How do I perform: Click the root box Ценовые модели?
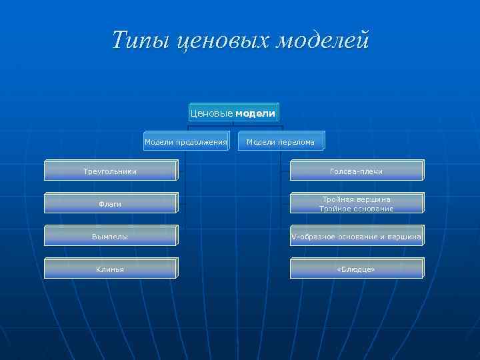coord(233,113)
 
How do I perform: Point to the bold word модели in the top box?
coord(255,113)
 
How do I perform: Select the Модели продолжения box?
coord(186,141)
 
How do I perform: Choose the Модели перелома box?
coord(281,141)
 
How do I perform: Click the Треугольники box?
coord(110,171)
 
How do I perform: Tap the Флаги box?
coord(110,204)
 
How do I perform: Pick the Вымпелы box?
coord(110,236)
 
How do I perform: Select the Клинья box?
coord(110,269)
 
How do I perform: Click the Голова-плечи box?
coord(356,171)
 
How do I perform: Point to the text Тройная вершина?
coord(356,199)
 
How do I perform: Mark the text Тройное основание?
coord(356,209)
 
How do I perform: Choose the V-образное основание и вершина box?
coord(356,236)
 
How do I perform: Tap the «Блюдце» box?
coord(356,269)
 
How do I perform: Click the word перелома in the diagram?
coord(297,142)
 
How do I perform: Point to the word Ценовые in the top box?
coord(211,113)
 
